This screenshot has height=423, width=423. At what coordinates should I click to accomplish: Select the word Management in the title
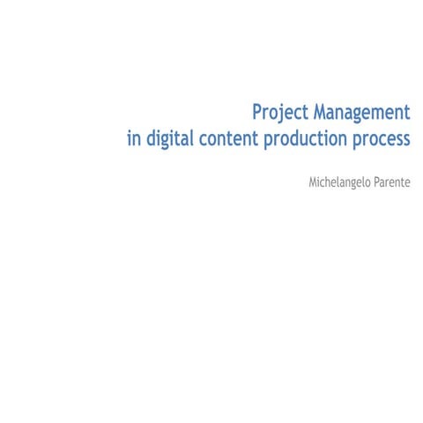tap(362, 114)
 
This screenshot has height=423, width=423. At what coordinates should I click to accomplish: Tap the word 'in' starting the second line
tap(133, 140)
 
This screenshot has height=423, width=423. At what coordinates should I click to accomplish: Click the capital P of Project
tap(257, 114)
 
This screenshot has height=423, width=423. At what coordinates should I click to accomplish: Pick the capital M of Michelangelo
tap(313, 182)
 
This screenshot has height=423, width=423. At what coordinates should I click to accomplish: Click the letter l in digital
tap(197, 139)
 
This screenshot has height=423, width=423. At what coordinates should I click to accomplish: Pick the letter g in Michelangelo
tap(356, 184)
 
